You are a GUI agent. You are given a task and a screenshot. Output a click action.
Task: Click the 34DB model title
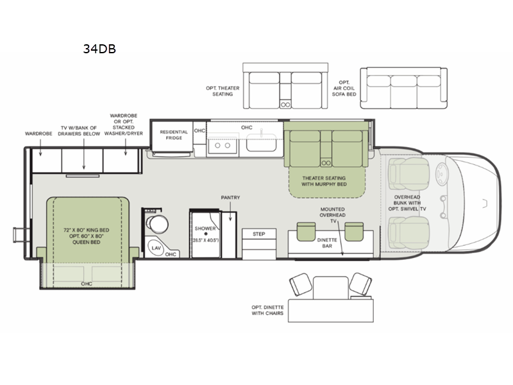click(x=99, y=49)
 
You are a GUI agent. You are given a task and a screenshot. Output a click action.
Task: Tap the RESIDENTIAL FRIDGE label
click(x=174, y=135)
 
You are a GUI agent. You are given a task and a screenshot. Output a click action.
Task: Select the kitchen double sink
click(x=223, y=146)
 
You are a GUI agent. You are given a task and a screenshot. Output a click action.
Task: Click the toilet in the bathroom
click(x=156, y=223)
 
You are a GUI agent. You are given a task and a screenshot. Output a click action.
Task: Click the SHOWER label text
click(x=205, y=227)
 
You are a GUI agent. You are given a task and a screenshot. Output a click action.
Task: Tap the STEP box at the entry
click(x=258, y=234)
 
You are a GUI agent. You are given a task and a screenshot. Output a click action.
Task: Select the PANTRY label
click(x=230, y=198)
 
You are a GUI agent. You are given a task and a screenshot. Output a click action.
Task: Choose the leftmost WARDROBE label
click(x=38, y=134)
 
